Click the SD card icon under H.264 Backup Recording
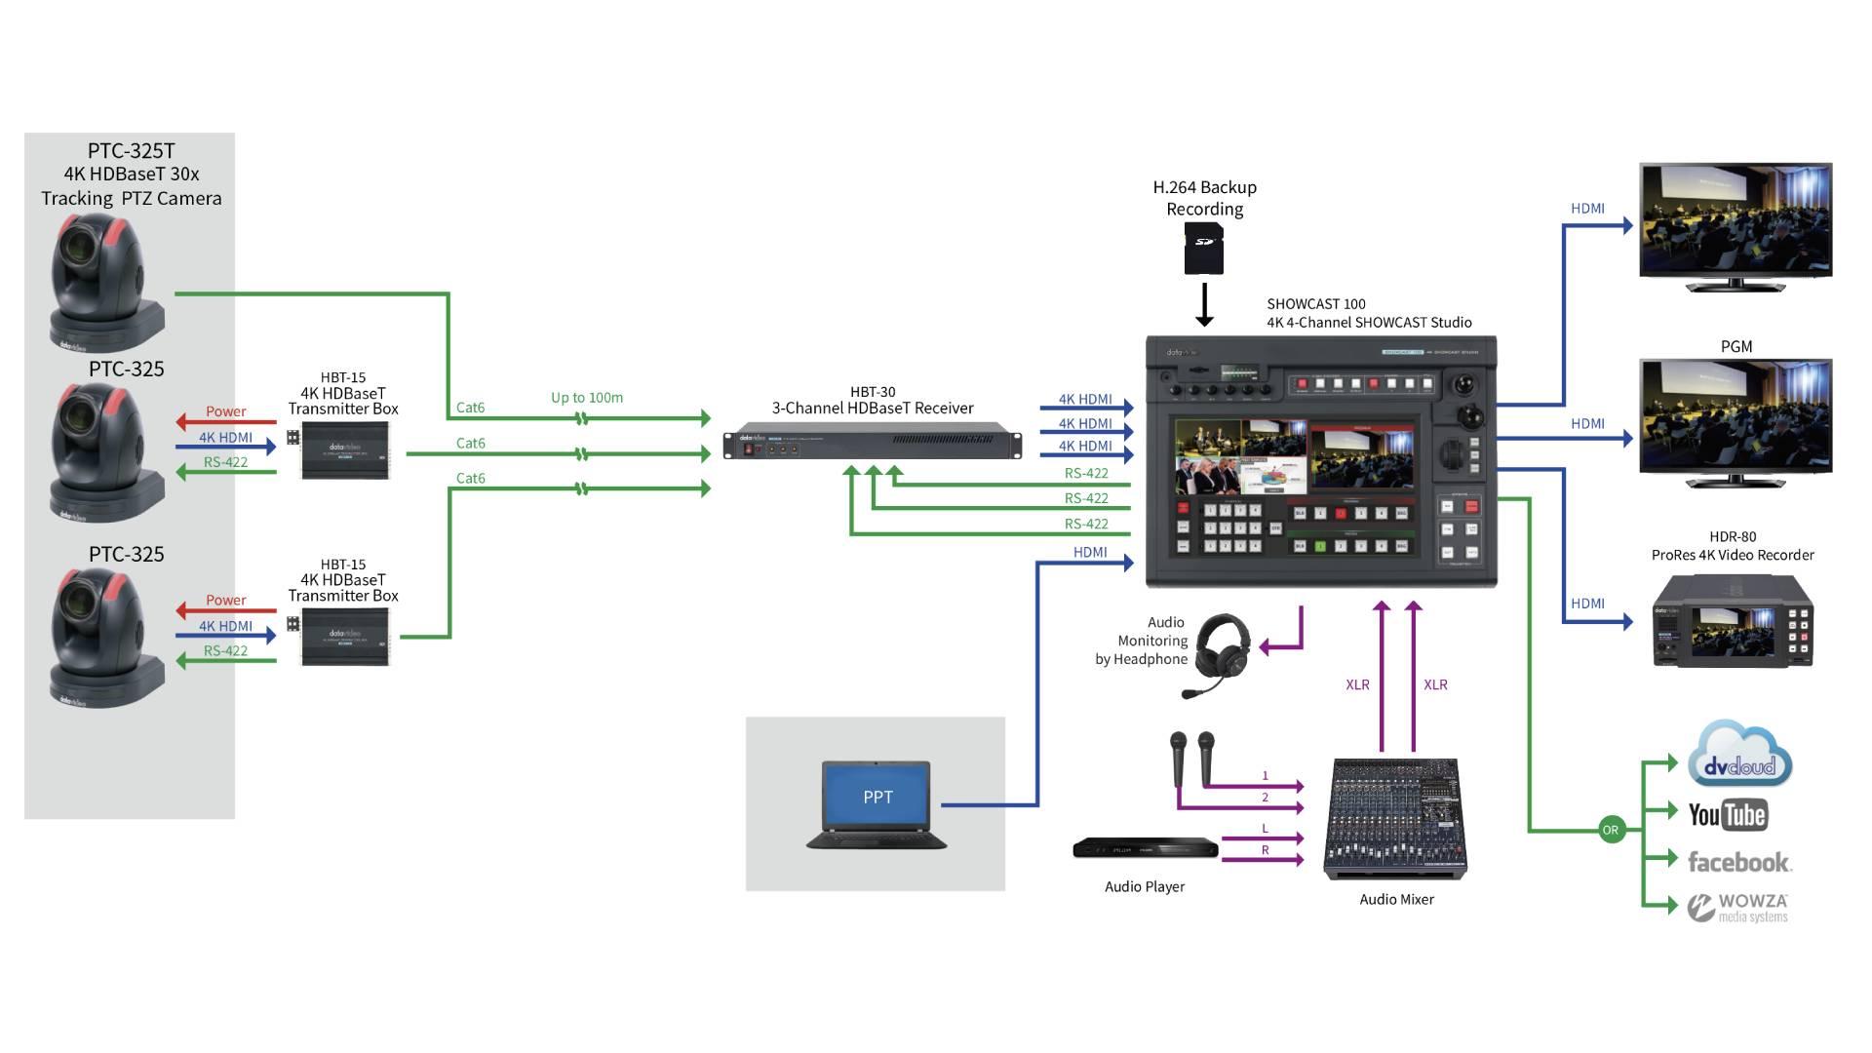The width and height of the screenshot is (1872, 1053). click(x=1204, y=249)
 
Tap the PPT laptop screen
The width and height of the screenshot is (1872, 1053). click(x=877, y=796)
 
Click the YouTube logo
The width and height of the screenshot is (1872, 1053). click(x=1727, y=815)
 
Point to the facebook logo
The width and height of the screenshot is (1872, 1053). click(x=1738, y=862)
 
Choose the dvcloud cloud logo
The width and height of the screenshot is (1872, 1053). click(x=1740, y=756)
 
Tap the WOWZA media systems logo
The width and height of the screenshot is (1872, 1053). click(x=1738, y=908)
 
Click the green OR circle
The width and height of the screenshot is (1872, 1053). click(x=1610, y=830)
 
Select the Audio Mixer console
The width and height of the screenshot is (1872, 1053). click(x=1395, y=819)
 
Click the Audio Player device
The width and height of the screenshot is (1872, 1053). click(x=1146, y=848)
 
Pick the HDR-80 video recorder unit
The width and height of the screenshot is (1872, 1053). click(x=1733, y=622)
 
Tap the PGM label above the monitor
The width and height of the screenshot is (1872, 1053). click(x=1735, y=346)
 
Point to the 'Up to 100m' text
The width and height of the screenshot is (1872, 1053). click(x=586, y=398)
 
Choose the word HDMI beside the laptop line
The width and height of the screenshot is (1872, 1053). click(x=1089, y=552)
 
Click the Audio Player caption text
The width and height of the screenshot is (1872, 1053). click(x=1145, y=886)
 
